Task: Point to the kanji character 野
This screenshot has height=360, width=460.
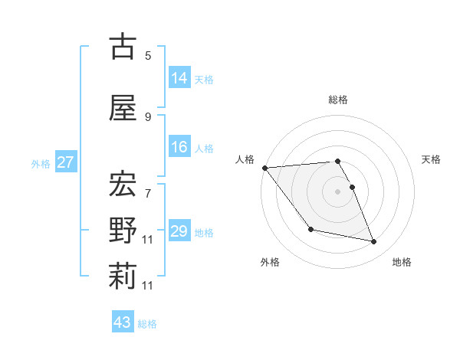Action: [123, 230]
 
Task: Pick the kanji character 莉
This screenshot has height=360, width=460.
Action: [123, 277]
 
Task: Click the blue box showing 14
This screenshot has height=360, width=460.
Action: [179, 78]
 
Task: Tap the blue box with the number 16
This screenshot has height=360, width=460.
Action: [179, 148]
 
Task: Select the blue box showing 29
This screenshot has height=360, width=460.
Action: [179, 231]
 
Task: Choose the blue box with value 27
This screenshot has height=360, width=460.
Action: [65, 162]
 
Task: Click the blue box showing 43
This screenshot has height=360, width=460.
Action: [123, 322]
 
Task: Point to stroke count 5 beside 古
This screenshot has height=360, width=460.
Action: [148, 56]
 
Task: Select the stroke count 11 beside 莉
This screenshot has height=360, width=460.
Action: [148, 286]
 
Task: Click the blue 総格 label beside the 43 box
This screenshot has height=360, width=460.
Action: [147, 324]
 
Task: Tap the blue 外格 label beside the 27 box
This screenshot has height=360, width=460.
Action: [41, 164]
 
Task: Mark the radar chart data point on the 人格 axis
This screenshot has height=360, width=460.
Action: [264, 168]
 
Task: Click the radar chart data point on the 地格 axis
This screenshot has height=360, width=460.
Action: [374, 242]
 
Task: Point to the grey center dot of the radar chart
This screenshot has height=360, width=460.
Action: [337, 191]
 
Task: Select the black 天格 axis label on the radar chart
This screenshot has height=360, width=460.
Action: [432, 159]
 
